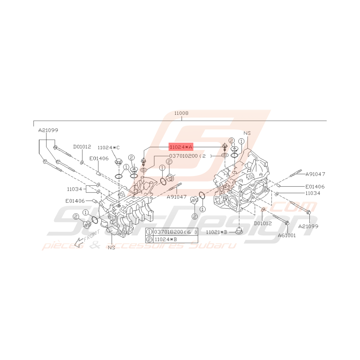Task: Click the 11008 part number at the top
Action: pos(181,113)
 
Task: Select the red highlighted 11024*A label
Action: pos(181,147)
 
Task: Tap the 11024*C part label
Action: pos(109,147)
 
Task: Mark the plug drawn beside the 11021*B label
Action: pos(239,231)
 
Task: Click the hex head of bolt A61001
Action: pos(287,223)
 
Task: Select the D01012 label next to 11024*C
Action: pos(82,147)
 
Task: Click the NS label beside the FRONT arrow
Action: pos(112,247)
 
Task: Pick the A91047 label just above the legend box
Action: pos(177,197)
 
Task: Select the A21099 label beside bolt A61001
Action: pos(308,226)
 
